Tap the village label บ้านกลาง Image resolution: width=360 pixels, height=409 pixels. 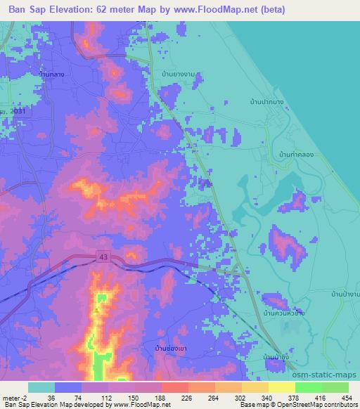tap(57, 72)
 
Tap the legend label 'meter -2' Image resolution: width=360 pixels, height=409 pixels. tap(14, 397)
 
